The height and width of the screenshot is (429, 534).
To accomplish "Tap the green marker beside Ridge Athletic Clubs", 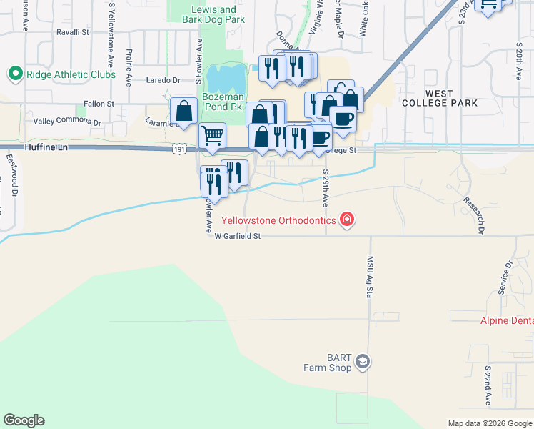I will (x=14, y=74).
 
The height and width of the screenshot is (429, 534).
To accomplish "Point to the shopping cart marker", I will (x=212, y=134).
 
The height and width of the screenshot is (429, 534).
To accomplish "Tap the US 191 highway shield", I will (x=179, y=148).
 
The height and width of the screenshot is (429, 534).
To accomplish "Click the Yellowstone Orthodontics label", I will (x=278, y=220).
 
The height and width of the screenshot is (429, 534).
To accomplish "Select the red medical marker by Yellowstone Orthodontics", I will (x=347, y=220).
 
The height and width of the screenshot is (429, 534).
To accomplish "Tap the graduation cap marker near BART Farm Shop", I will (x=363, y=362).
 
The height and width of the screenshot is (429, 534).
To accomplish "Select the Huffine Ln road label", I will (x=45, y=147).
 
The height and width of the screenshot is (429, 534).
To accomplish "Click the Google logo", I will (x=24, y=420).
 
